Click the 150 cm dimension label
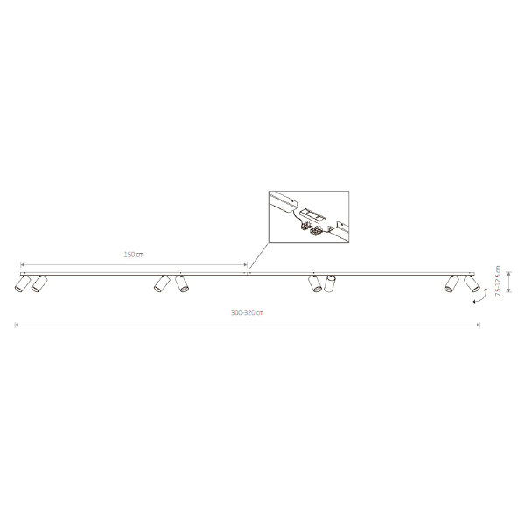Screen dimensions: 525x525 (134, 255)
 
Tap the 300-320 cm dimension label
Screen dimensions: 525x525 (247, 312)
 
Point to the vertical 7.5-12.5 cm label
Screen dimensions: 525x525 (498, 281)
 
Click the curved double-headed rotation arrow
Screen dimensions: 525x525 (480, 297)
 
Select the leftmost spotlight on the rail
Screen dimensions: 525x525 (22, 283)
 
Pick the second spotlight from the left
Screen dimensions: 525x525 (39, 283)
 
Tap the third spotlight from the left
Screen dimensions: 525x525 (162, 283)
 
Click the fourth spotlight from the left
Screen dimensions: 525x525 (182, 283)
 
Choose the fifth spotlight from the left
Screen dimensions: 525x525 (315, 283)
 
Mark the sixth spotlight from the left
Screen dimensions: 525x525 (330, 283)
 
